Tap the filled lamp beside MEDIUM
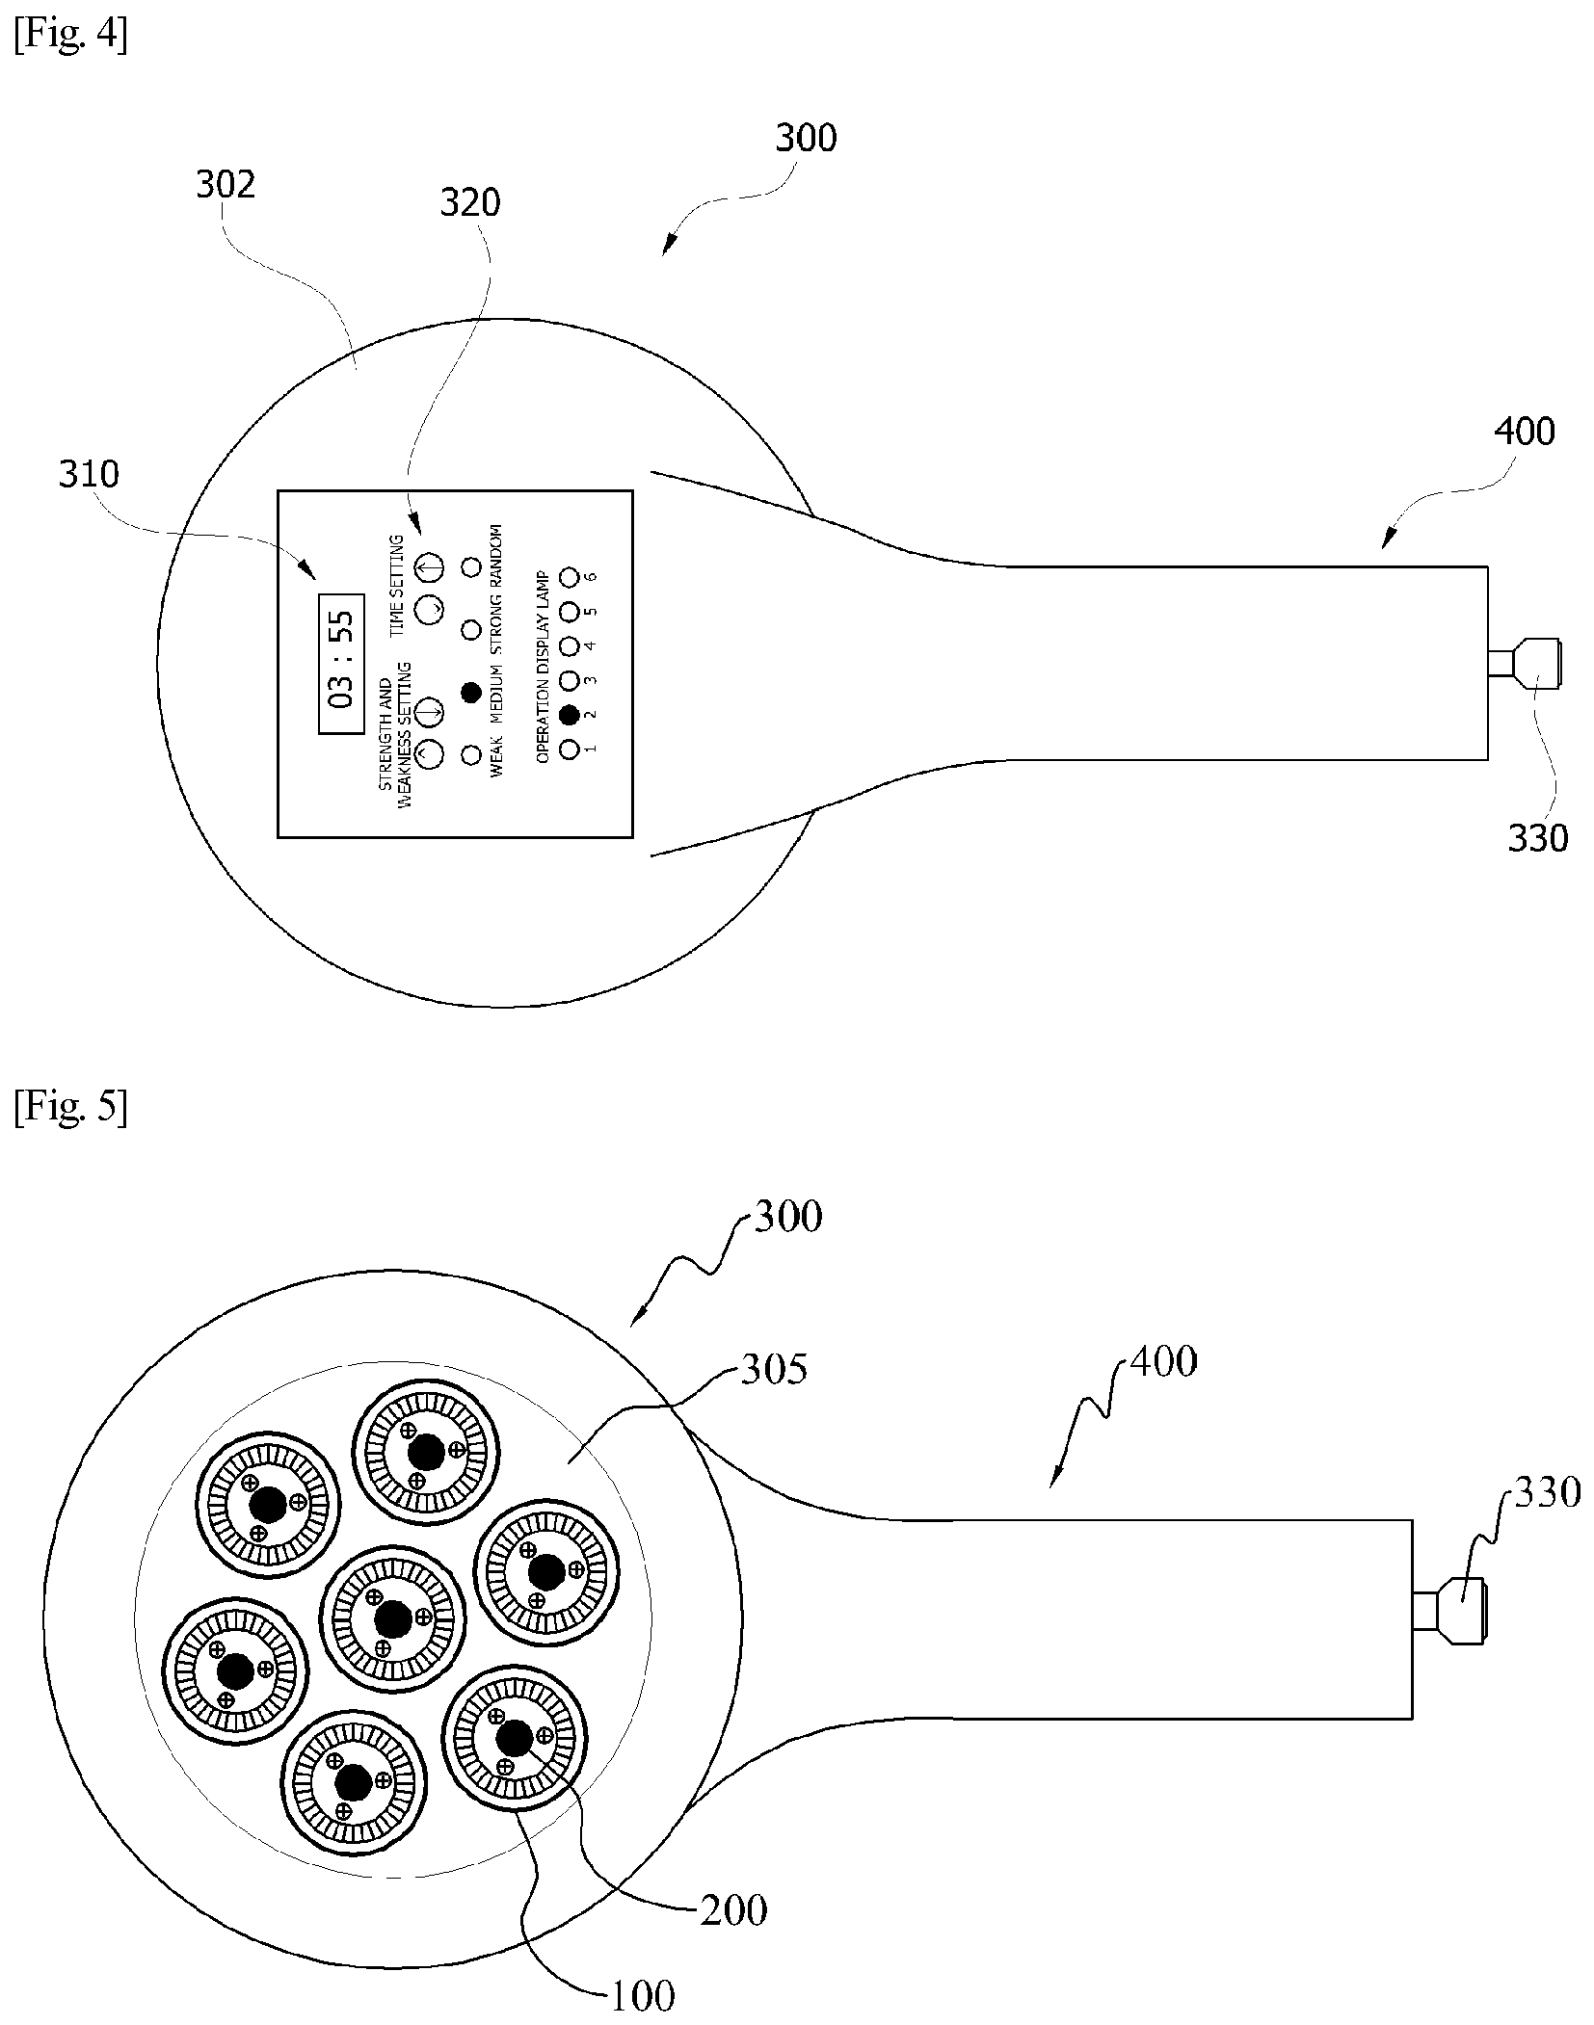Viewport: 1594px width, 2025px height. tap(471, 692)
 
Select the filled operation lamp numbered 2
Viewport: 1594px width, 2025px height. tap(569, 714)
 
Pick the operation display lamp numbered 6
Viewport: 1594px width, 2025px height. tap(569, 577)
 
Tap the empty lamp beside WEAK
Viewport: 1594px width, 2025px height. tap(471, 754)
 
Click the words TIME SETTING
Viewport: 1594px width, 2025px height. tap(397, 585)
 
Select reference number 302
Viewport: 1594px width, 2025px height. tap(226, 184)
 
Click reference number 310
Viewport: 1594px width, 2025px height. tap(89, 474)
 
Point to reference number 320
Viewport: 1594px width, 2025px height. tap(470, 202)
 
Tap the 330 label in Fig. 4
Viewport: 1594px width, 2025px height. tap(1538, 838)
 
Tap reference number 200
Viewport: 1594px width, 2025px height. tap(733, 1910)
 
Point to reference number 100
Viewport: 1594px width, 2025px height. tap(642, 1996)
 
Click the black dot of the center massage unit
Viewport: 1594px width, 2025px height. tap(392, 1619)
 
